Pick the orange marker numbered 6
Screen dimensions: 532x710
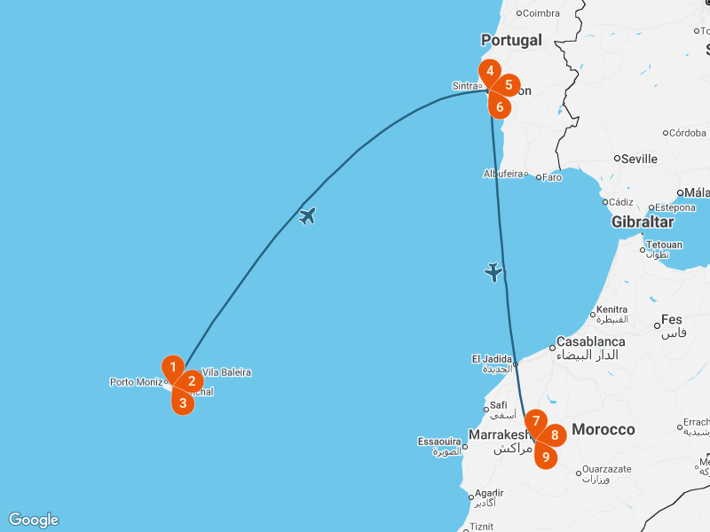[500, 107]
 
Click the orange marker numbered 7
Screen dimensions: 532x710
[536, 421]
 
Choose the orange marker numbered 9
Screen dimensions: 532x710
[546, 458]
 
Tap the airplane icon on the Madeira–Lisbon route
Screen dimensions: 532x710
[308, 215]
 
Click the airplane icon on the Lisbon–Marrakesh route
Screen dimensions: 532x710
[494, 272]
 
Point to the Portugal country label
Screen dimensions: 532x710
[511, 40]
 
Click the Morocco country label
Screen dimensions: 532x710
[603, 429]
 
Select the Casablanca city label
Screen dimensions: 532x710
[590, 341]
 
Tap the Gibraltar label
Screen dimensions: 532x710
[643, 222]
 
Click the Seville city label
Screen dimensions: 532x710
[639, 159]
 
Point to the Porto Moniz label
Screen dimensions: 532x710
[136, 382]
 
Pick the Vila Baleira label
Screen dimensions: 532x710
[226, 372]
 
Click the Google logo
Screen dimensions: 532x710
[34, 520]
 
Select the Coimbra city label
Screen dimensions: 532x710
[541, 12]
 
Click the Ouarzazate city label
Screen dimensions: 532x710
[608, 469]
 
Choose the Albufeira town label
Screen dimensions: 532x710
[503, 174]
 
